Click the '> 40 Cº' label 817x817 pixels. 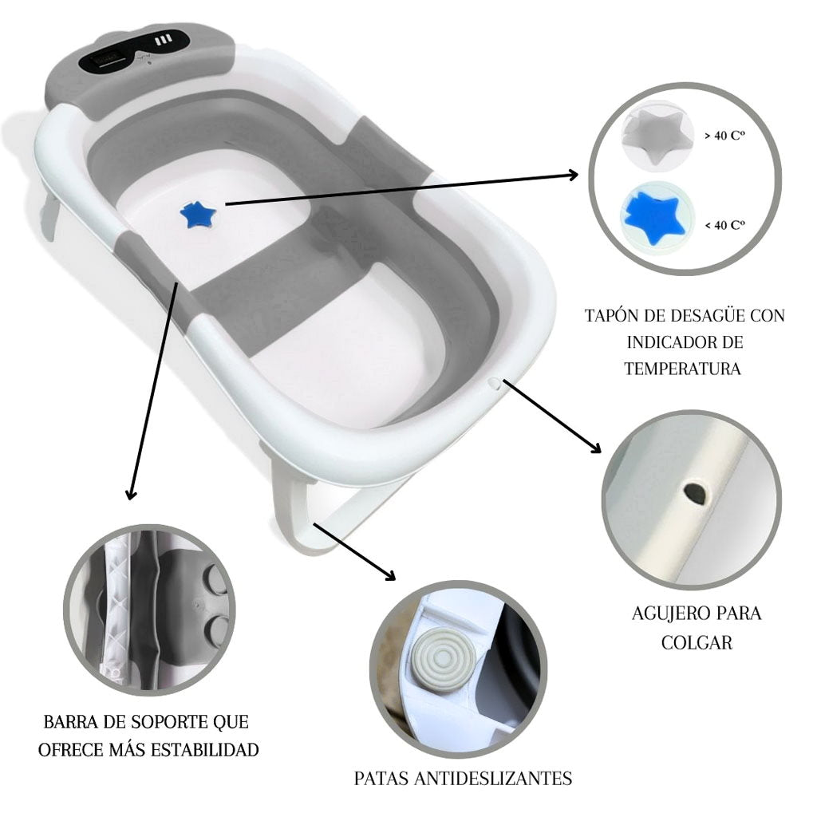point(724,136)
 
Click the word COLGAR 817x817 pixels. point(697,641)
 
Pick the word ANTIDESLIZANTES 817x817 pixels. point(492,778)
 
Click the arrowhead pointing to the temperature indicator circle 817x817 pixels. point(573,175)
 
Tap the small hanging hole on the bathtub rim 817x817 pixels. point(495,384)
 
